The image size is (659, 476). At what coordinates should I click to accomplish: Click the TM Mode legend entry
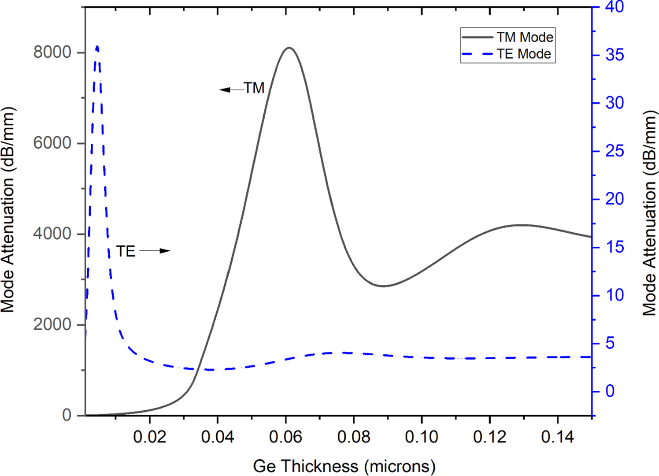pyautogui.click(x=524, y=37)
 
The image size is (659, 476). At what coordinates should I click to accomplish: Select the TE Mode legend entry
pyautogui.click(x=523, y=54)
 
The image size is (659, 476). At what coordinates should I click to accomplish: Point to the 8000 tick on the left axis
pyautogui.click(x=52, y=52)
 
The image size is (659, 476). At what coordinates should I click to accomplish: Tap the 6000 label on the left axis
pyautogui.click(x=52, y=143)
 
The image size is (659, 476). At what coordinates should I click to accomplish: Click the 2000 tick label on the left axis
pyautogui.click(x=52, y=324)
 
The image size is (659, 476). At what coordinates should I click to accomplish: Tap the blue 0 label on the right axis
pyautogui.click(x=610, y=391)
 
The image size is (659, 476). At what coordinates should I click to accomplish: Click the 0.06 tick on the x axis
pyautogui.click(x=285, y=437)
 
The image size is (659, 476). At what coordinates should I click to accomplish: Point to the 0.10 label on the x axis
pyautogui.click(x=422, y=437)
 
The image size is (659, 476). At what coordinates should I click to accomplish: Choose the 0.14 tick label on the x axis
pyautogui.click(x=557, y=437)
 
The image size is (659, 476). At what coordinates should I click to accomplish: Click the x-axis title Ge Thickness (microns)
pyautogui.click(x=344, y=466)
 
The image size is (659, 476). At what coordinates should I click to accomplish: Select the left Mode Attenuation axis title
pyautogui.click(x=8, y=210)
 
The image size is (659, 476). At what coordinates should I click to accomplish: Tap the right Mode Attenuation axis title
pyautogui.click(x=649, y=213)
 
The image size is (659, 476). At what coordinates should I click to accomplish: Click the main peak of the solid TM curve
pyautogui.click(x=289, y=48)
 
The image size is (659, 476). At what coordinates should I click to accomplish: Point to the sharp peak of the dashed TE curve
pyautogui.click(x=97, y=46)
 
